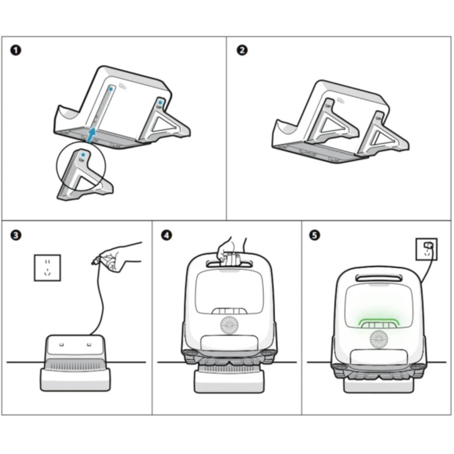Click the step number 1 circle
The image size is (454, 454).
coord(16,50)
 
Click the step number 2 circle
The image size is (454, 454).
coord(242,50)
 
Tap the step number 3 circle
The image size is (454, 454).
coord(16,236)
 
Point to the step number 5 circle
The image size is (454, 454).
coord(315,236)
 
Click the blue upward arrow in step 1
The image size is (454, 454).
coord(91,135)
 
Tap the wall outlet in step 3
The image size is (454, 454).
coord(47,267)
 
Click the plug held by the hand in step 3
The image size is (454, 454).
coord(94,261)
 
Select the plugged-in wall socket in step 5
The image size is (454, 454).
coord(427,249)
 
